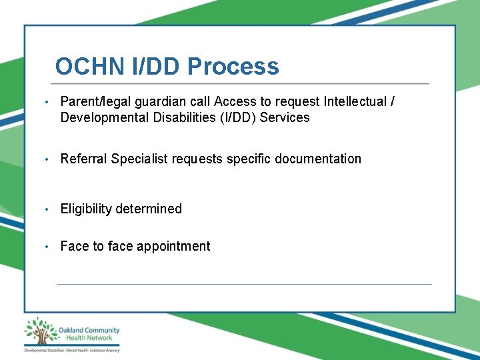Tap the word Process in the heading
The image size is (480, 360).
point(233,67)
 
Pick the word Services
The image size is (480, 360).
point(285,118)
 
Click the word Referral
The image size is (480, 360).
point(84,159)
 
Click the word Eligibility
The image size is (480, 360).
point(86,209)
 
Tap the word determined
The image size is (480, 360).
point(149,209)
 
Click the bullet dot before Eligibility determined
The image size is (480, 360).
point(45,209)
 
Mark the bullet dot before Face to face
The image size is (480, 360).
point(45,247)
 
